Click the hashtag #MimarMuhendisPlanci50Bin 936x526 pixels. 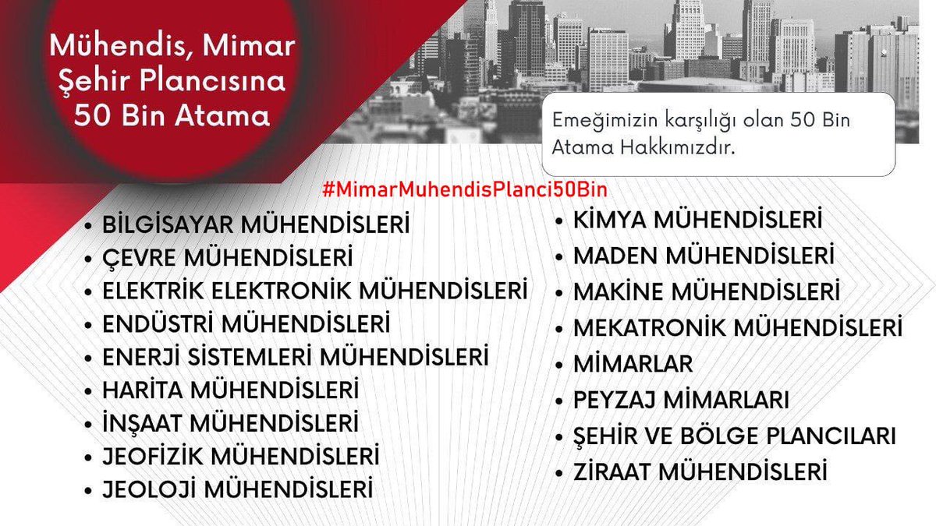[464, 189]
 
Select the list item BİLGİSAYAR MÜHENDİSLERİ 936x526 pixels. [256, 225]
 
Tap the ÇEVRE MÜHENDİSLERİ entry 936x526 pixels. [228, 257]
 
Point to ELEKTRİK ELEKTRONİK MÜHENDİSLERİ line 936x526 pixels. [315, 291]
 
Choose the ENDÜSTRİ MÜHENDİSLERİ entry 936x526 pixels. [246, 323]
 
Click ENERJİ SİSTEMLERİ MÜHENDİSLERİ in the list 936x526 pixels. [296, 357]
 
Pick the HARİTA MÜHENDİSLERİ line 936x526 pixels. [231, 389]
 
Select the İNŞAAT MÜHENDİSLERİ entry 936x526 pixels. [231, 423]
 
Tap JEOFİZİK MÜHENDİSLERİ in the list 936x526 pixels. [241, 454]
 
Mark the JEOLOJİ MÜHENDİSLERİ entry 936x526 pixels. [237, 490]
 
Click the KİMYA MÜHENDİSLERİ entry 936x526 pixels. [698, 221]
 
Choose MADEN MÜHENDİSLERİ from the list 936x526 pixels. [704, 256]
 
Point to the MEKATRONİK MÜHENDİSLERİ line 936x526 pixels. [738, 327]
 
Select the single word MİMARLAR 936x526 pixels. [633, 363]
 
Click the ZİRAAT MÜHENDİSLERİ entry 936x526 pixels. [700, 471]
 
